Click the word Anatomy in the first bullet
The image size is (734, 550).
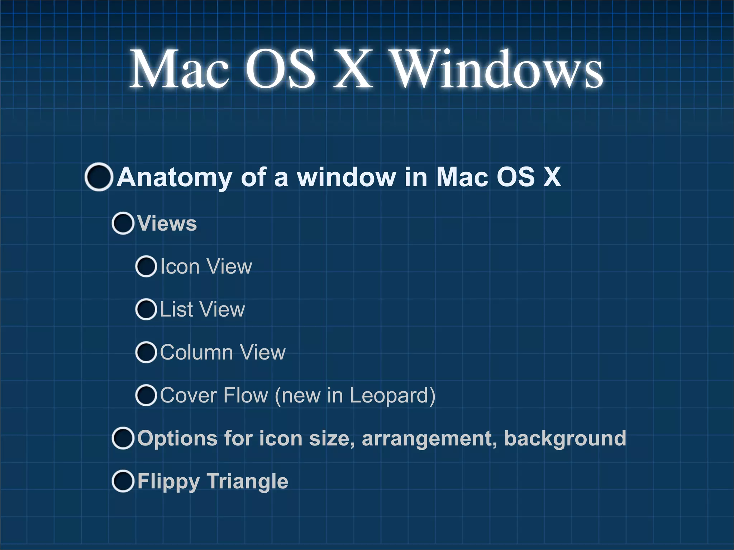click(174, 177)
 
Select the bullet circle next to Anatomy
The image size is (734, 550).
click(99, 177)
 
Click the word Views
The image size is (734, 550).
click(167, 224)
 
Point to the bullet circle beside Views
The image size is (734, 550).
click(123, 223)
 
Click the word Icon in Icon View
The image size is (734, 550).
click(180, 267)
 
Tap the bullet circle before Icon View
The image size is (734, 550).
click(146, 267)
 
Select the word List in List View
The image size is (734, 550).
click(176, 309)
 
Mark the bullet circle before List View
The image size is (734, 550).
click(146, 309)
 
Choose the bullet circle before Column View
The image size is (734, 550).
click(146, 352)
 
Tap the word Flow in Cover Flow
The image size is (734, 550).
click(246, 395)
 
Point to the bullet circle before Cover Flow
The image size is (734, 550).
click(146, 395)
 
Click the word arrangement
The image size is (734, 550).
click(429, 439)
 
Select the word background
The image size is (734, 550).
click(565, 438)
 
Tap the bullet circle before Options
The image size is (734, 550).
click(123, 438)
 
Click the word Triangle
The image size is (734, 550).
click(247, 482)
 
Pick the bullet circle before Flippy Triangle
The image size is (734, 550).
click(123, 481)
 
